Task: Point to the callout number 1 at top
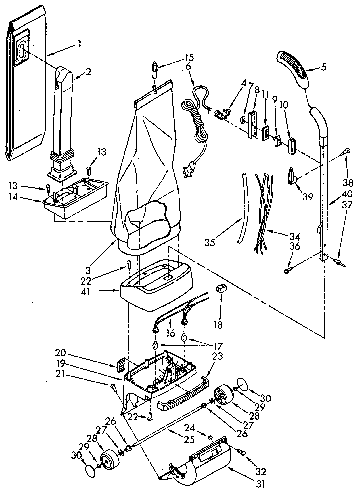coord(79,42)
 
